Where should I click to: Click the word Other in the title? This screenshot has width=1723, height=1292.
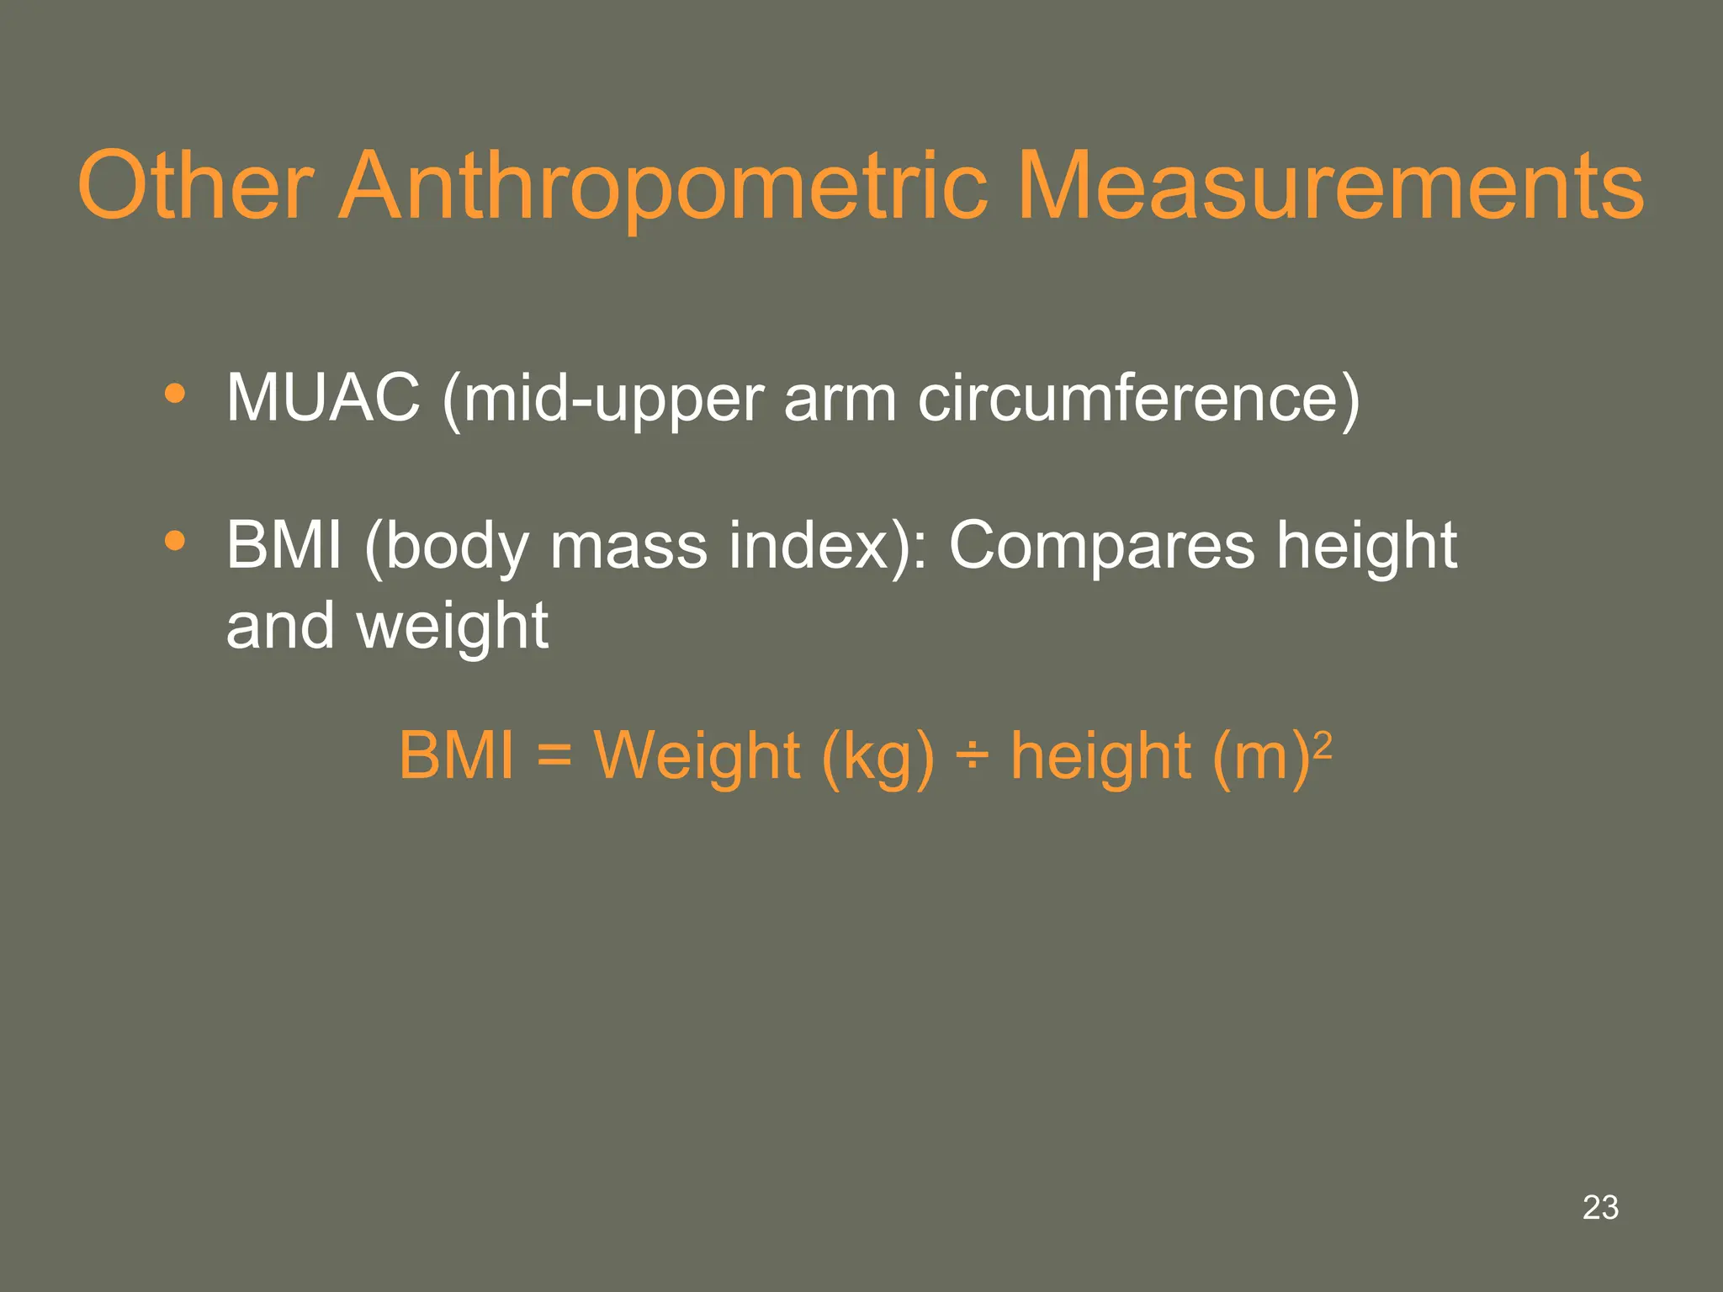(195, 186)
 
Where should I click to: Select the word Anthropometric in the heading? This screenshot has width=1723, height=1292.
(664, 186)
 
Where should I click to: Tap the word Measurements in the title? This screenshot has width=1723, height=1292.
(1330, 186)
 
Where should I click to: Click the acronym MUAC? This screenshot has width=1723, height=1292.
(323, 398)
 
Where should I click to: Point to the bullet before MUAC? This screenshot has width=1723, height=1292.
(175, 394)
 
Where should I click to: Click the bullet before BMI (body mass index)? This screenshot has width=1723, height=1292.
(175, 542)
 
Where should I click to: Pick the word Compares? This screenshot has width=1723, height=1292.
(1101, 547)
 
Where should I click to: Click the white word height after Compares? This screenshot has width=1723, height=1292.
(1367, 545)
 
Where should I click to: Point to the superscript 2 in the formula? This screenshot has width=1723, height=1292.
(1323, 744)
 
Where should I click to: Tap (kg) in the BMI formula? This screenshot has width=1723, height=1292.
(877, 756)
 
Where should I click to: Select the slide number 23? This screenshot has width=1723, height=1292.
(1600, 1207)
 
